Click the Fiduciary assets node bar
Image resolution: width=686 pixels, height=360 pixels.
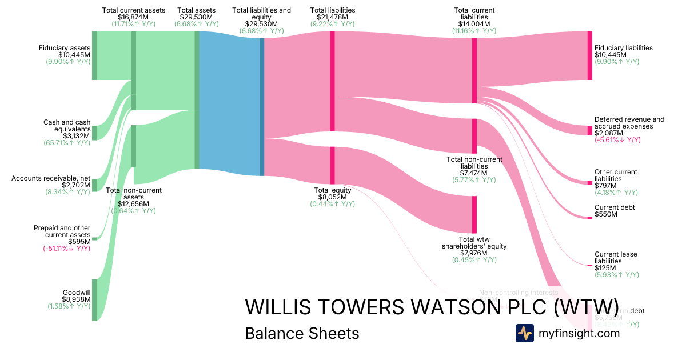(94, 55)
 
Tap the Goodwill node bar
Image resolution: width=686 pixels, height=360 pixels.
(94, 299)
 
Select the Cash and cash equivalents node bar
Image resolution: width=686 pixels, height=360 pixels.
(94, 133)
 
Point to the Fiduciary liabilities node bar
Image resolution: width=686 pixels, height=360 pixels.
(589, 55)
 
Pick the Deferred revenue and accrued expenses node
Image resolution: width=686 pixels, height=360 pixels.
(589, 130)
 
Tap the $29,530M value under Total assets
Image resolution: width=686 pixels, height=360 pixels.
(197, 17)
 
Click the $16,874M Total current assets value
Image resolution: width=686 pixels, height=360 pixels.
(133, 17)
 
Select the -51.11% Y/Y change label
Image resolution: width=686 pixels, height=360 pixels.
(66, 248)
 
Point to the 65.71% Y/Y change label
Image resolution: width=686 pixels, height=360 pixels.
(67, 142)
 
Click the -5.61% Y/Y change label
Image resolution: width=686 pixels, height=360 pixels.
(617, 140)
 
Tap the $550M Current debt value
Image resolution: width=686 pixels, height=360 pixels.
(605, 214)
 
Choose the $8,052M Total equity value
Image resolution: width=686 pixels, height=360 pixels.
(333, 197)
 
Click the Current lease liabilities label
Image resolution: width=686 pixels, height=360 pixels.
(615, 258)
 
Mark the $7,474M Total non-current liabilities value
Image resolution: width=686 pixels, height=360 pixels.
(474, 173)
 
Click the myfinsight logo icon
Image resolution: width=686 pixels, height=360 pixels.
(524, 333)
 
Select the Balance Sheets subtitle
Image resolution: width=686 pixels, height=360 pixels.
(302, 333)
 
